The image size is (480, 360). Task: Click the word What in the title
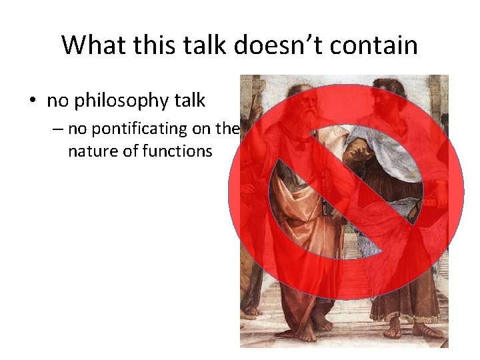[90, 45]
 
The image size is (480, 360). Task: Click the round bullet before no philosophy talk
[32, 101]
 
